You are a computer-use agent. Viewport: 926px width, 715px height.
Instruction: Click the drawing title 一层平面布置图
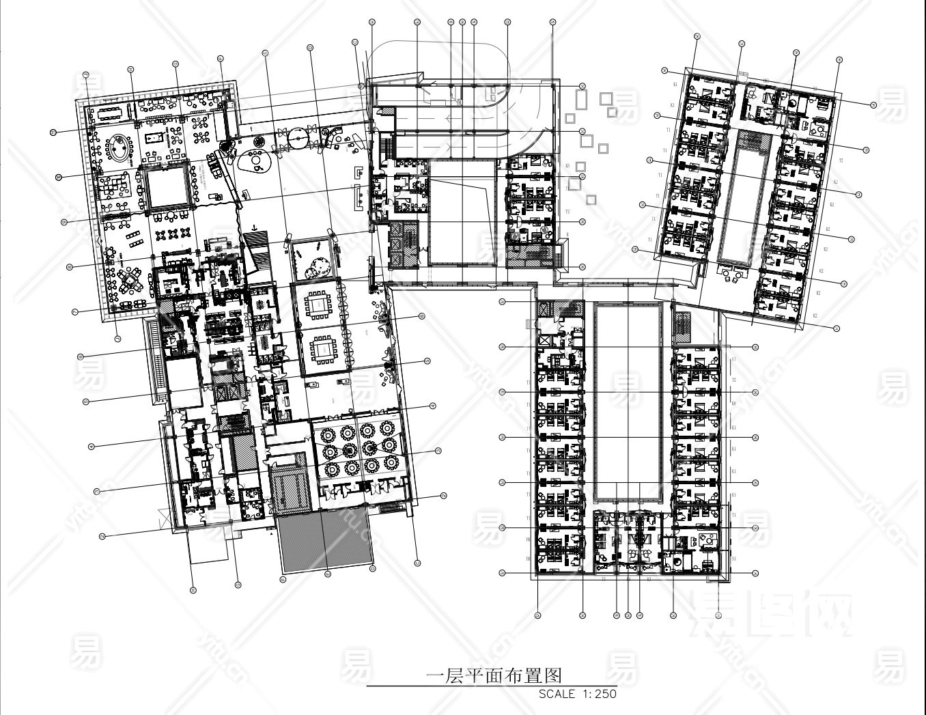pos(493,676)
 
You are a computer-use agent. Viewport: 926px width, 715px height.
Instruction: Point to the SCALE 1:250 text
pos(577,694)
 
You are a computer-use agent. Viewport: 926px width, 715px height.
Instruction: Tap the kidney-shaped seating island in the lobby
pos(255,161)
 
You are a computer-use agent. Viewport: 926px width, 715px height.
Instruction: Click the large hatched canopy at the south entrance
pos(324,541)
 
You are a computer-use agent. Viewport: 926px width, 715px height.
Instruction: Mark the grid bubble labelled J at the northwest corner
pos(86,74)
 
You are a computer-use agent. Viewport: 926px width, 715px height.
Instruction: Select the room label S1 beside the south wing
pos(733,559)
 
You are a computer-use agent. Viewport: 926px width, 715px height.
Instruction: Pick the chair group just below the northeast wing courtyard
pos(733,274)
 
